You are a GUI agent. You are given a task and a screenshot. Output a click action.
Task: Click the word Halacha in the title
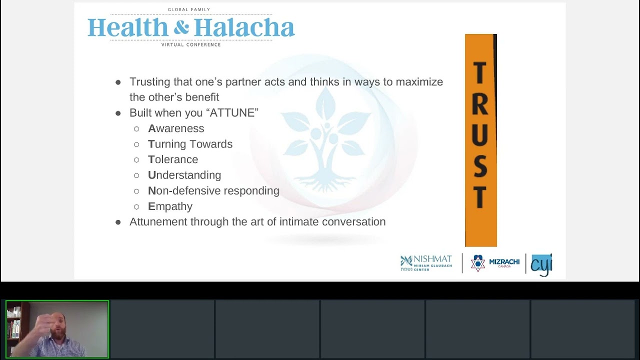(244, 28)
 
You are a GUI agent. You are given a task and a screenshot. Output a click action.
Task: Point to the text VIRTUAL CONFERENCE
(191, 45)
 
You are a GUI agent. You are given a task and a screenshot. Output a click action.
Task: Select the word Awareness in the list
(176, 128)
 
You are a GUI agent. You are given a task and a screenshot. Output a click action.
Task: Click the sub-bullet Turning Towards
(190, 144)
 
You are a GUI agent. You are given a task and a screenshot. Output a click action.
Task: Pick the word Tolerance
(173, 159)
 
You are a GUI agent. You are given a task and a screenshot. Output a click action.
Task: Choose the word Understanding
(184, 175)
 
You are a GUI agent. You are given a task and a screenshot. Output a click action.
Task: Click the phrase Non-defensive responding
(213, 190)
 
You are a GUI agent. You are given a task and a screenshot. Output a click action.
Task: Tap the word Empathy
(170, 206)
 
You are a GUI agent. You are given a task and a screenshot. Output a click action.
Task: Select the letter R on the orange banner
(480, 104)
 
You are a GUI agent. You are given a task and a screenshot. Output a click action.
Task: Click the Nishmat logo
(426, 263)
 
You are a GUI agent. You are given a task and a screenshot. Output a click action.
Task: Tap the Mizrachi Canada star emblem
(477, 263)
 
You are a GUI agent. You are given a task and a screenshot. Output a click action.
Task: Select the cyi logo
(540, 264)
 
